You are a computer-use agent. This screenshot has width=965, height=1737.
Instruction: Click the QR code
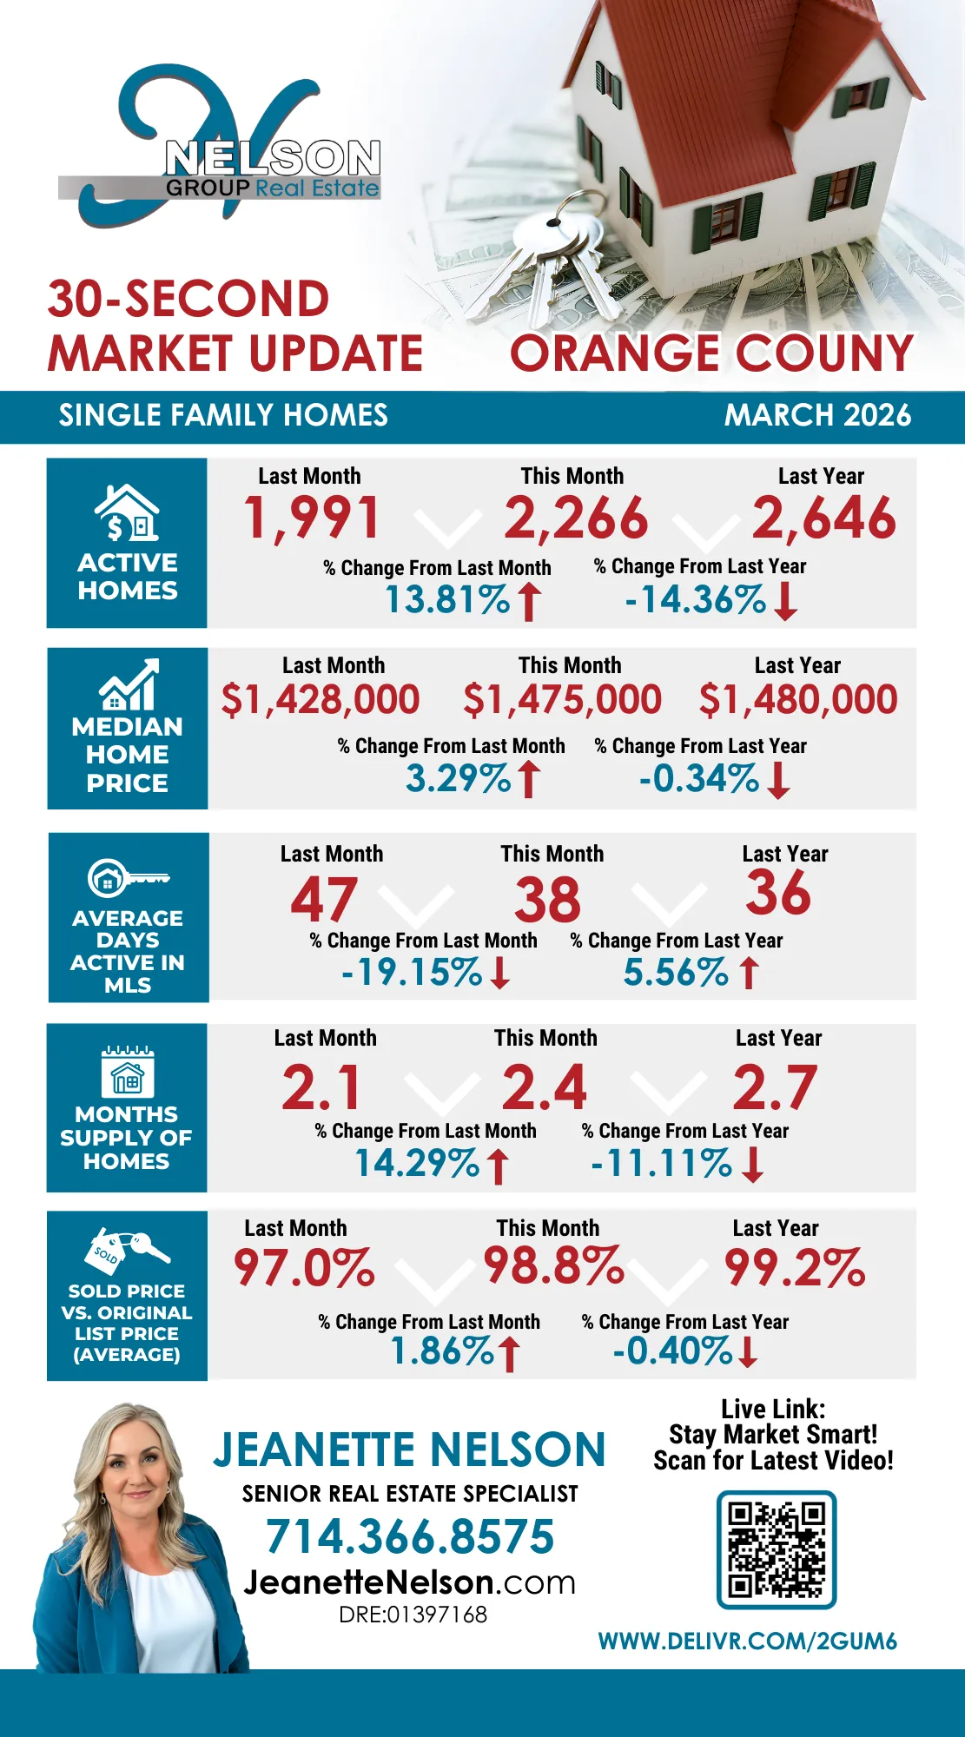[x=776, y=1550]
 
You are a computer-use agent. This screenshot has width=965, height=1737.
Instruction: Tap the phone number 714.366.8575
[x=410, y=1536]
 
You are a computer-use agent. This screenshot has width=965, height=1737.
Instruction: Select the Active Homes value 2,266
[x=576, y=518]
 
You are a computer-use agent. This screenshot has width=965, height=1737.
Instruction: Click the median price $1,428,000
[x=321, y=700]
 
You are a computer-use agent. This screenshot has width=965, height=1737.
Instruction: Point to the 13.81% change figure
[x=447, y=600]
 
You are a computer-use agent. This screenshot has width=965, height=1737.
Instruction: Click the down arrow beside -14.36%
[x=785, y=601]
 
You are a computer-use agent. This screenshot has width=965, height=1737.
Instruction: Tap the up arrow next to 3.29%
[x=528, y=779]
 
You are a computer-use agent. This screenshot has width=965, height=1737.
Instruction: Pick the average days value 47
[x=324, y=900]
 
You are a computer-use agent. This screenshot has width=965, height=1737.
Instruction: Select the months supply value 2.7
[x=775, y=1087]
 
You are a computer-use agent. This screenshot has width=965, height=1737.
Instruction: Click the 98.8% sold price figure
[x=553, y=1266]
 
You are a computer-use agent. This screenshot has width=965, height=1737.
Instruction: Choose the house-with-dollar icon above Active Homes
[x=128, y=513]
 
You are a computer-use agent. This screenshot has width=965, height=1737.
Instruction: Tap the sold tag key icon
[x=127, y=1251]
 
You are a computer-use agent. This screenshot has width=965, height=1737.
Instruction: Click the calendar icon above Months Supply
[x=128, y=1073]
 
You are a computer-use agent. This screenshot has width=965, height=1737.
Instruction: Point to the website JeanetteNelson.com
[x=410, y=1582]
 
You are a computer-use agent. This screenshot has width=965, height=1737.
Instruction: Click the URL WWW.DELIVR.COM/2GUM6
[x=747, y=1641]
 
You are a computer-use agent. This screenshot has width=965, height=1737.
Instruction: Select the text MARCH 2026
[x=817, y=415]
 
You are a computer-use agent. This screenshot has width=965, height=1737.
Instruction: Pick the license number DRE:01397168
[x=413, y=1615]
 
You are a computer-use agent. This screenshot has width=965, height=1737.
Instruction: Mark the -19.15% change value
[x=412, y=973]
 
